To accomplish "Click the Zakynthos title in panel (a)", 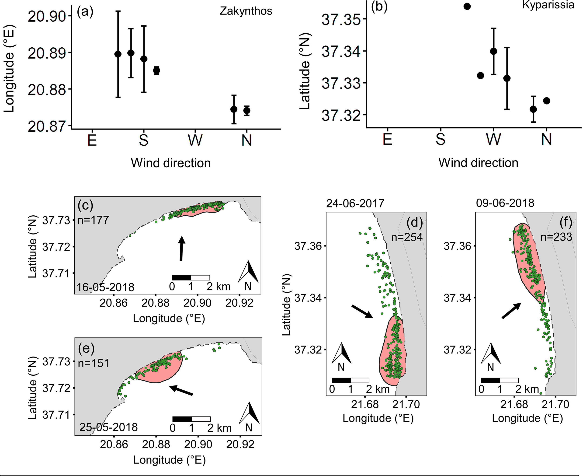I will (246, 11).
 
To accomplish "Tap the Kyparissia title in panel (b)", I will (548, 5).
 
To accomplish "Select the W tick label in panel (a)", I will (195, 140).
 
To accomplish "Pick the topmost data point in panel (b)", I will (467, 7).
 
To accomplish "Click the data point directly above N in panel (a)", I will (247, 111).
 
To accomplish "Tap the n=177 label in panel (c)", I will (93, 220).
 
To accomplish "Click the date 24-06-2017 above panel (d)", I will (355, 204).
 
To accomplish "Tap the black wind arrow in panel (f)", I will (511, 311).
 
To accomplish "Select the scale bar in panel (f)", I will (500, 380).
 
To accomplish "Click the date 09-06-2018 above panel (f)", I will (505, 203).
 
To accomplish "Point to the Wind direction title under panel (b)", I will (478, 163).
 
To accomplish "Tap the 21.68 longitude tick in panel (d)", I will (365, 404).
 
